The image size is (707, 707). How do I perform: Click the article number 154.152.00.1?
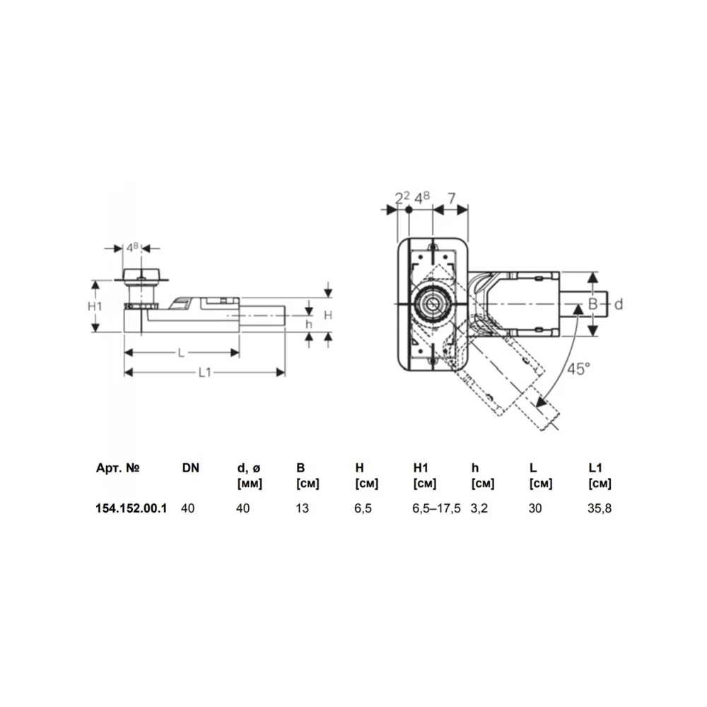pos(132,508)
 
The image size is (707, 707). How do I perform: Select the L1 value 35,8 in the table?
pos(600,508)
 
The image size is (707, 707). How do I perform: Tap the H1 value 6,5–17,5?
pos(436,508)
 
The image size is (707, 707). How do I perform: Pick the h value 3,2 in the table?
pos(479,508)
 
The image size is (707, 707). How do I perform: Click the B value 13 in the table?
pos(302,508)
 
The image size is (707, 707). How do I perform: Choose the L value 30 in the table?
pos(534,508)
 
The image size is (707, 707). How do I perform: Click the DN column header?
pos(191,468)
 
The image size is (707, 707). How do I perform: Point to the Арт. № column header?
pos(117,467)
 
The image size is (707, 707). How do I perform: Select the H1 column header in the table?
pos(421,468)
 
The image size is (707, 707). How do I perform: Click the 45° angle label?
pos(578,369)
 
